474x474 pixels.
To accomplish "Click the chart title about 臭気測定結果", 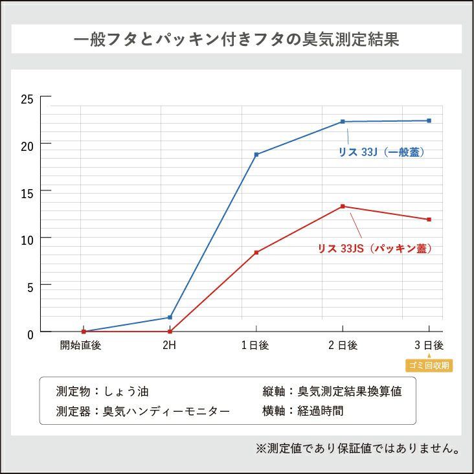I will pos(236,39).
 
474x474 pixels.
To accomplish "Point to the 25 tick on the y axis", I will pos(27,99).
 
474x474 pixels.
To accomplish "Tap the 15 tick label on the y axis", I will pos(27,192).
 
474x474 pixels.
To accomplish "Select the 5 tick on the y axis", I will pos(29,285).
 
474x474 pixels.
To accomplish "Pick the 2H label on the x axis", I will pos(169,346).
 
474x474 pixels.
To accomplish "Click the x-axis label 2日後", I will pos(343,346).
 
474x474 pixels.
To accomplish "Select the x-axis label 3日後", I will pos(429,346).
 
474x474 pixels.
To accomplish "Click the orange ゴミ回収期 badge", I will pos(429,366).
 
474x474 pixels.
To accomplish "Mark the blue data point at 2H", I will pos(170,317).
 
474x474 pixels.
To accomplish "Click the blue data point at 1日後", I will pos(256,155).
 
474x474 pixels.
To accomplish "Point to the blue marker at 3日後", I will pos(429,120).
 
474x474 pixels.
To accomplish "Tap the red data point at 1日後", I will pos(256,253).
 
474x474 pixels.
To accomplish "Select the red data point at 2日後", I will pos(343,207).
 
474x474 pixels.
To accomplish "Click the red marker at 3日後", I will pos(429,220).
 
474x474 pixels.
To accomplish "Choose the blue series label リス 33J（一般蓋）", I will pos(381,153).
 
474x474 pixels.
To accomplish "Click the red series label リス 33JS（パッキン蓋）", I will pos(374,248).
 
